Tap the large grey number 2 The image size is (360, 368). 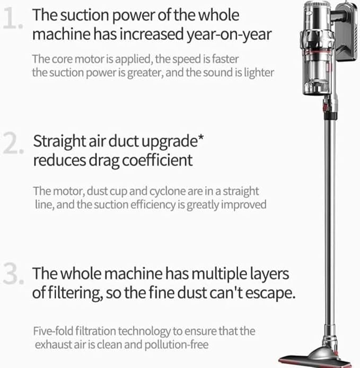coord(13,143)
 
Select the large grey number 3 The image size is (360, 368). coord(13,273)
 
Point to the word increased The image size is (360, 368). coord(152,34)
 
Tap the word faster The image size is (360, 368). coord(225,59)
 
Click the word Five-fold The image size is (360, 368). coord(54,331)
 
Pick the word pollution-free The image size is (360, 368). coord(177,345)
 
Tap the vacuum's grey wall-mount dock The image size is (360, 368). coord(347,33)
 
